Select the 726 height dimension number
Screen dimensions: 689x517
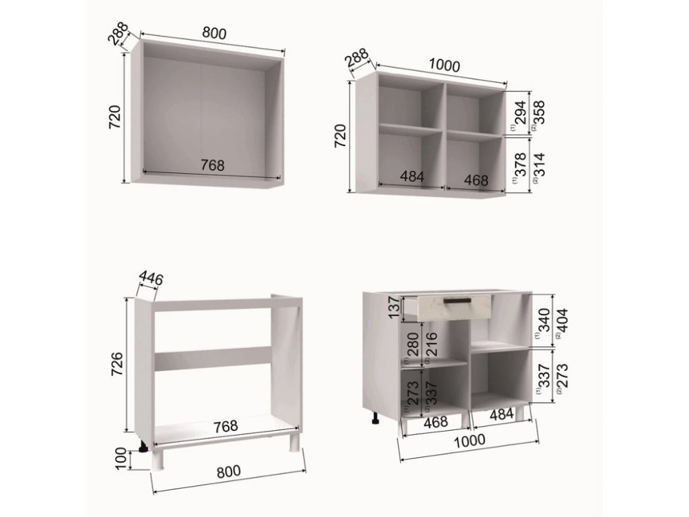point(116,363)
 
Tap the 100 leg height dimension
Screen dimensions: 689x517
point(121,459)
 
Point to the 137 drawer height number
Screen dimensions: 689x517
point(395,307)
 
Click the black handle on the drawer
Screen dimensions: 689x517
point(457,301)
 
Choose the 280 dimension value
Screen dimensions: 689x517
point(413,345)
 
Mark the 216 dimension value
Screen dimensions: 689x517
point(432,345)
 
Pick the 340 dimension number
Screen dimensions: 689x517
point(544,321)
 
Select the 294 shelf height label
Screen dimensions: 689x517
point(520,113)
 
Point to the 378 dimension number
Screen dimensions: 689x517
point(520,165)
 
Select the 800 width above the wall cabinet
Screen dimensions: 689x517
point(214,33)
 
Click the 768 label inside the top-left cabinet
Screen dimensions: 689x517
point(213,165)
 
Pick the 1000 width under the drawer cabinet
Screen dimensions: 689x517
point(470,440)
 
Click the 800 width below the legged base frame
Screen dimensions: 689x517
point(229,471)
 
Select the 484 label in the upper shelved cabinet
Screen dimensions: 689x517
point(412,176)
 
